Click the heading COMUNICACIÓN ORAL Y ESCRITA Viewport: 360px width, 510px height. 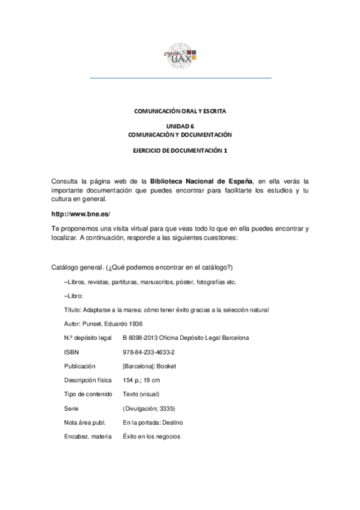point(180,111)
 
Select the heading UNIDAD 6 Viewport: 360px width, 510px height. point(180,126)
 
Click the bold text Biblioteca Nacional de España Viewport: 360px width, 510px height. point(201,180)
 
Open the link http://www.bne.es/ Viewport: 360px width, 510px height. point(82,214)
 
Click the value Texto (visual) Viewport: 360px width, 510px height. point(145,394)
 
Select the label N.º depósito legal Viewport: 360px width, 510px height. point(88,337)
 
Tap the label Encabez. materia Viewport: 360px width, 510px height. point(88,436)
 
